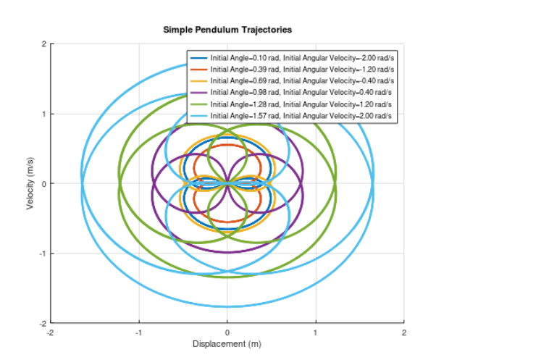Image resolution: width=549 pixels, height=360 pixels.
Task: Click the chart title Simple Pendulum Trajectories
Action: pos(227,30)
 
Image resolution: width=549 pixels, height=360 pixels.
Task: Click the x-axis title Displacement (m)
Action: pos(227,344)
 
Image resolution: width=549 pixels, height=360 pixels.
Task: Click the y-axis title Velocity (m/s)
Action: pos(31,184)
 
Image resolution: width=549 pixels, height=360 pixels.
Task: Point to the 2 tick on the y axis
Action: pos(43,44)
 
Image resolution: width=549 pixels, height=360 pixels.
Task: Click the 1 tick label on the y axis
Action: pos(43,114)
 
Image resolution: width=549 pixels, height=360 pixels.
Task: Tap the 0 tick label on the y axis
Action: pos(43,184)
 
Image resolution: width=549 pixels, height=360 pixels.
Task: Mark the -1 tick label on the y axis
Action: pos(42,254)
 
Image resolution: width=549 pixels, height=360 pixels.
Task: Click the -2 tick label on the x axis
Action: pos(50,332)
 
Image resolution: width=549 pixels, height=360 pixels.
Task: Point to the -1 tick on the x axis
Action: pos(138,332)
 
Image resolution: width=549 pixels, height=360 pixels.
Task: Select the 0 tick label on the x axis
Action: pos(227,332)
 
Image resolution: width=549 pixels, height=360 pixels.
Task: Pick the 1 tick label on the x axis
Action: pos(316,332)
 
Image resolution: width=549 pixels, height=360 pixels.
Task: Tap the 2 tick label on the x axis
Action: pos(404,332)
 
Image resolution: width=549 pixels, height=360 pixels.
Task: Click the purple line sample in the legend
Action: pos(198,92)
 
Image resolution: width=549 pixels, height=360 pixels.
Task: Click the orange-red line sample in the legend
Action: pos(198,69)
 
